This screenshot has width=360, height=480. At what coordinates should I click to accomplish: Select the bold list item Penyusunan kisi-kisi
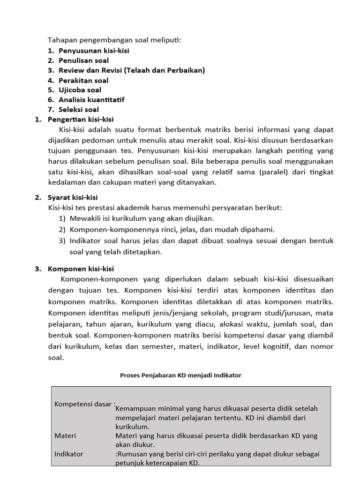(94, 50)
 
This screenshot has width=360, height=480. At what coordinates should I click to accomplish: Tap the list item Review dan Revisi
(131, 70)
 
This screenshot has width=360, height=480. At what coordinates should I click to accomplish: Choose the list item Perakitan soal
(83, 80)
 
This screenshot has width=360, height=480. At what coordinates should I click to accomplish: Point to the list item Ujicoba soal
(80, 90)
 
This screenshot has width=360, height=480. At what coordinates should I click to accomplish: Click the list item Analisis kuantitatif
(91, 100)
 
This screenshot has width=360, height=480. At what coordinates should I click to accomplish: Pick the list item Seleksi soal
(79, 110)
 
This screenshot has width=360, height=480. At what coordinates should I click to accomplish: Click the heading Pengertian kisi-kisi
(81, 120)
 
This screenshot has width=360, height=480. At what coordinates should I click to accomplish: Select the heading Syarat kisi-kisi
(73, 197)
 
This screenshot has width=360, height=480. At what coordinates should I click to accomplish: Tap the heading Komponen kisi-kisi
(81, 269)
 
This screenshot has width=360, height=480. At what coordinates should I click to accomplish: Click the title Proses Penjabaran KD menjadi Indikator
(180, 375)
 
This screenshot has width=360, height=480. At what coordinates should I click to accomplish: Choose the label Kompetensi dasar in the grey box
(83, 404)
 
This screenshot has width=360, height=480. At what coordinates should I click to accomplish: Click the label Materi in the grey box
(65, 435)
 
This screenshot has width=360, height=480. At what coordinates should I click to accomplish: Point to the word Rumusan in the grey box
(132, 454)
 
